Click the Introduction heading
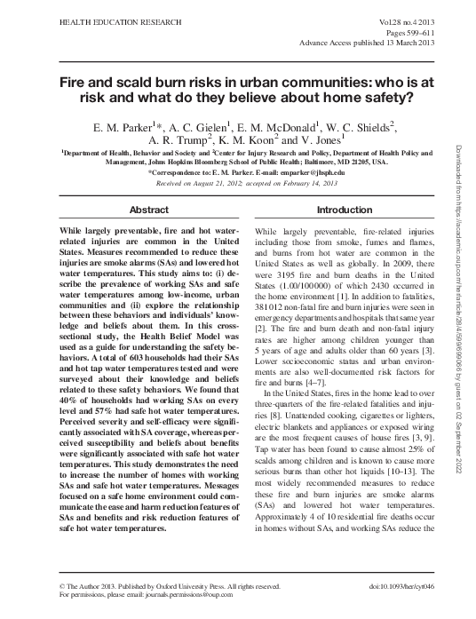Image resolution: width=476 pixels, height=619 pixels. (x=345, y=210)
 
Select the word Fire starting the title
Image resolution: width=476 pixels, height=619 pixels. (x=75, y=79)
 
